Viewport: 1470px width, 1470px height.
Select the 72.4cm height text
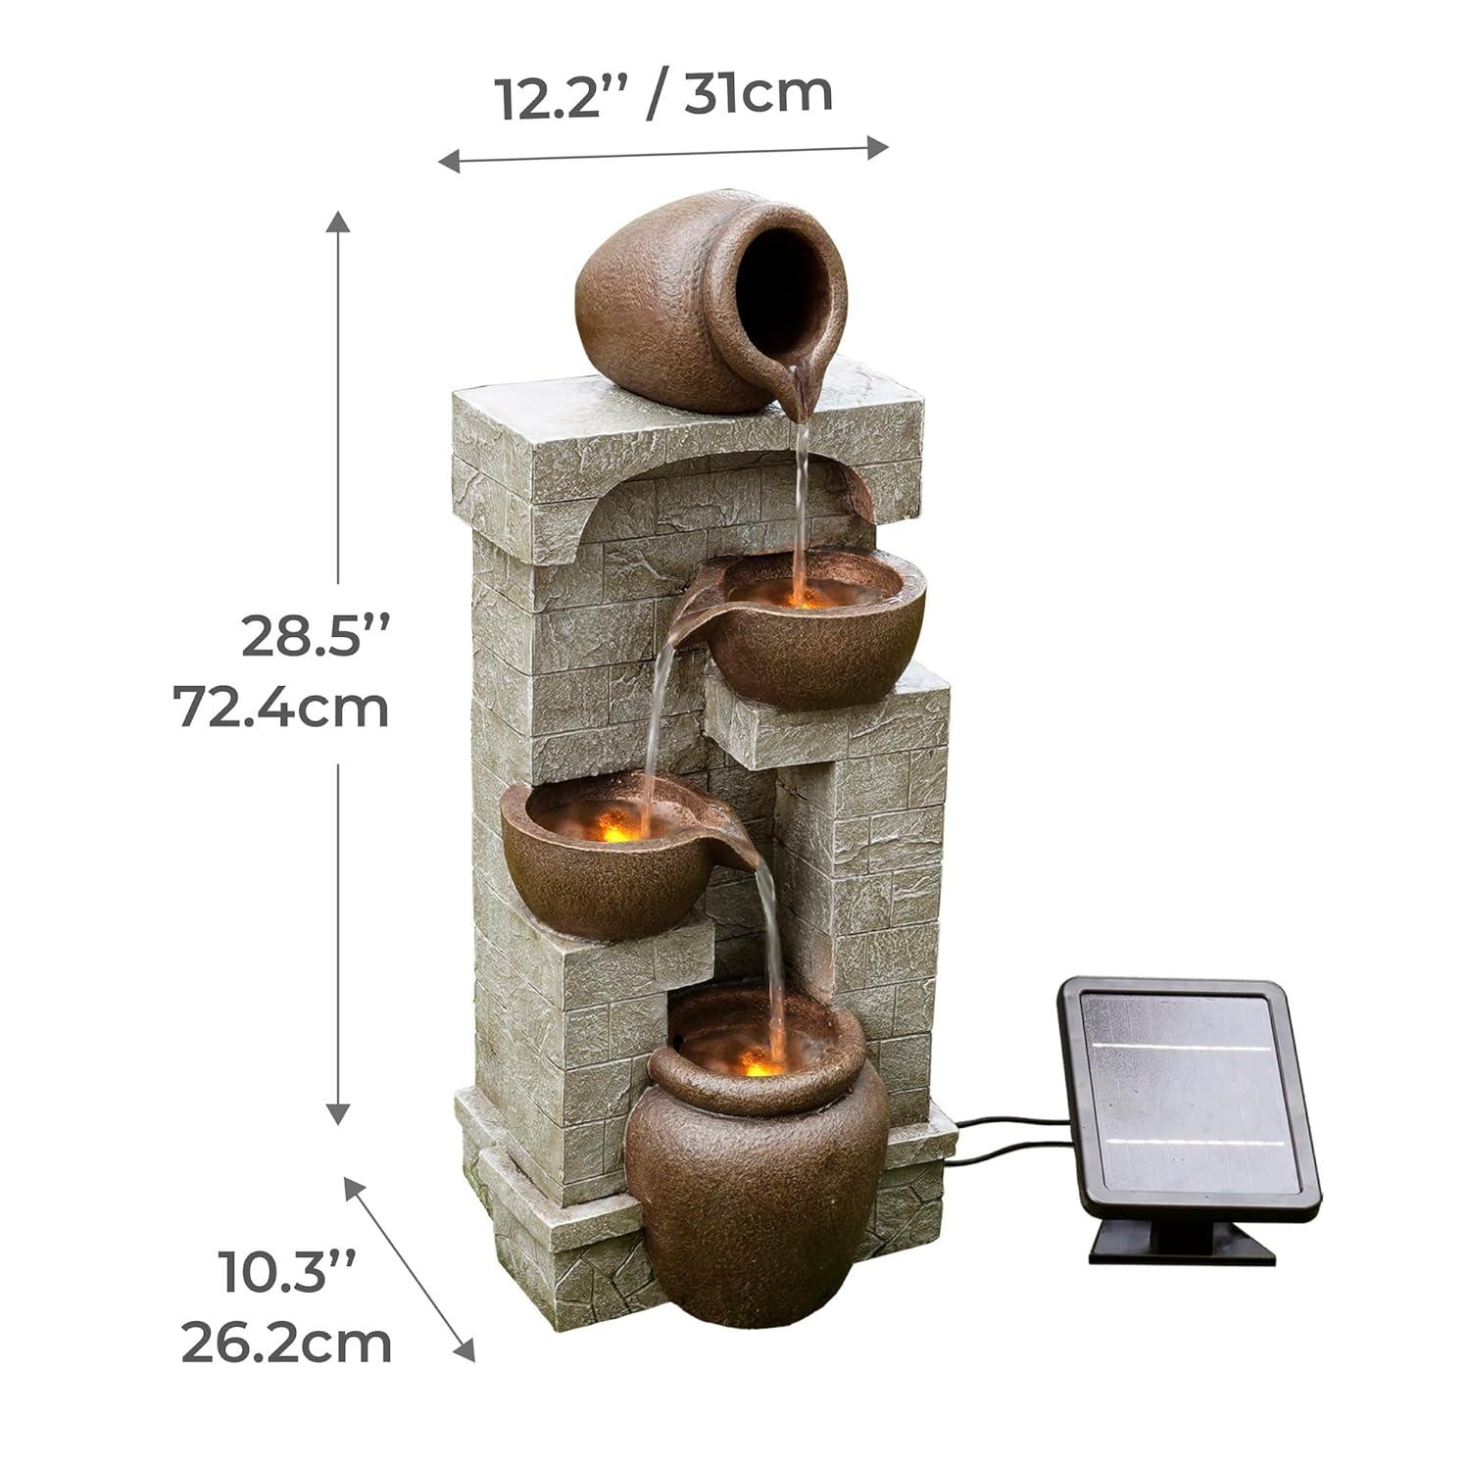pyautogui.click(x=281, y=707)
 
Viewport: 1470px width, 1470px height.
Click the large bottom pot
pyautogui.click(x=755, y=1196)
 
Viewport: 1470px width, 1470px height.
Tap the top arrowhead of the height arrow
pyautogui.click(x=338, y=220)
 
